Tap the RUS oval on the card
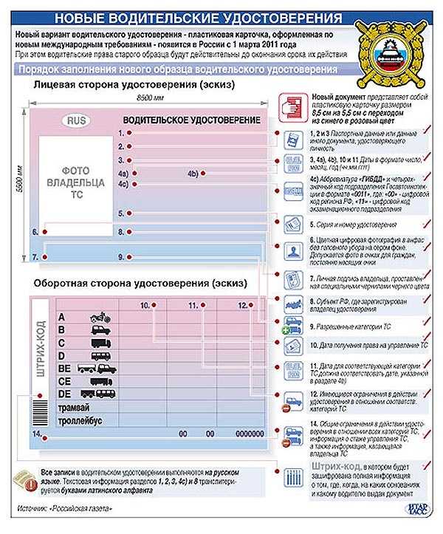pos(76,120)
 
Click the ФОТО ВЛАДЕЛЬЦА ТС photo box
pos(74,179)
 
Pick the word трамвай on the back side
pos(74,407)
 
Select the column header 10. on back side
pos(146,304)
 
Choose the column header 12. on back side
pos(241,304)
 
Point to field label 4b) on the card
pos(193,174)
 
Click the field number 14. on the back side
pos(36,434)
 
